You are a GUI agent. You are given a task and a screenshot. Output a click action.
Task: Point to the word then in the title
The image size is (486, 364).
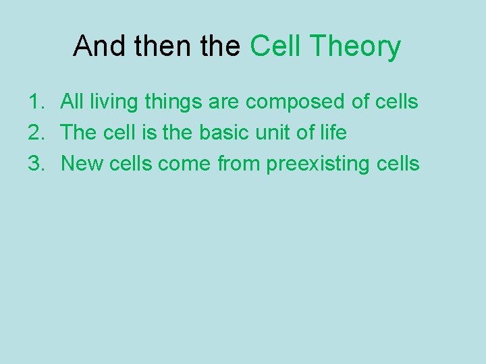coord(157,47)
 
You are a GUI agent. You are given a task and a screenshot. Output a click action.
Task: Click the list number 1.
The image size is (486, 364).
coord(36,102)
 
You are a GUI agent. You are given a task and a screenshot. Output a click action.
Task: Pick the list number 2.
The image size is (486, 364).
coord(36,133)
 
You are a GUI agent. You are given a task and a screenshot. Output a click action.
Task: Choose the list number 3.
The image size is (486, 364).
coord(36,163)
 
